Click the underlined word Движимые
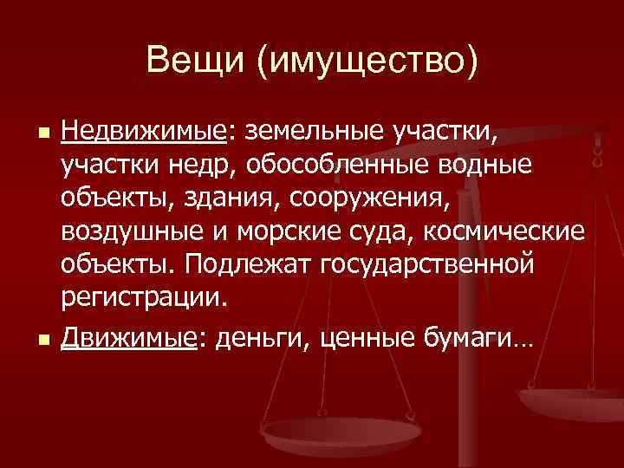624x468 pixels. click(x=128, y=338)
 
